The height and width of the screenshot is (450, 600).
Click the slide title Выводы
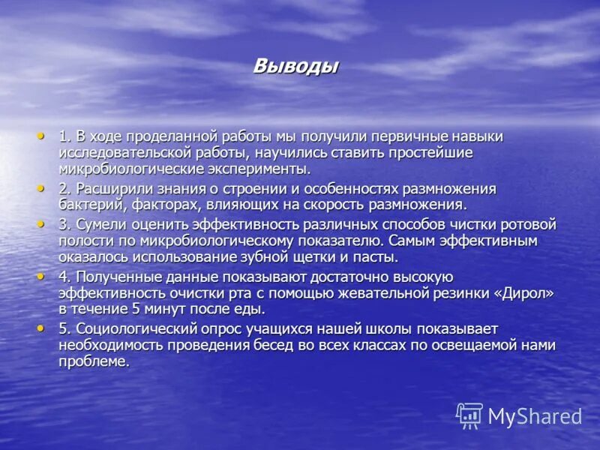[295, 66]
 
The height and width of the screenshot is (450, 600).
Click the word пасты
[376, 257]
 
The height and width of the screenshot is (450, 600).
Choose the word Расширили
[108, 188]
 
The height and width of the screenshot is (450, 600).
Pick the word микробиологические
[123, 169]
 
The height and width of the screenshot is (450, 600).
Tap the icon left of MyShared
[469, 415]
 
